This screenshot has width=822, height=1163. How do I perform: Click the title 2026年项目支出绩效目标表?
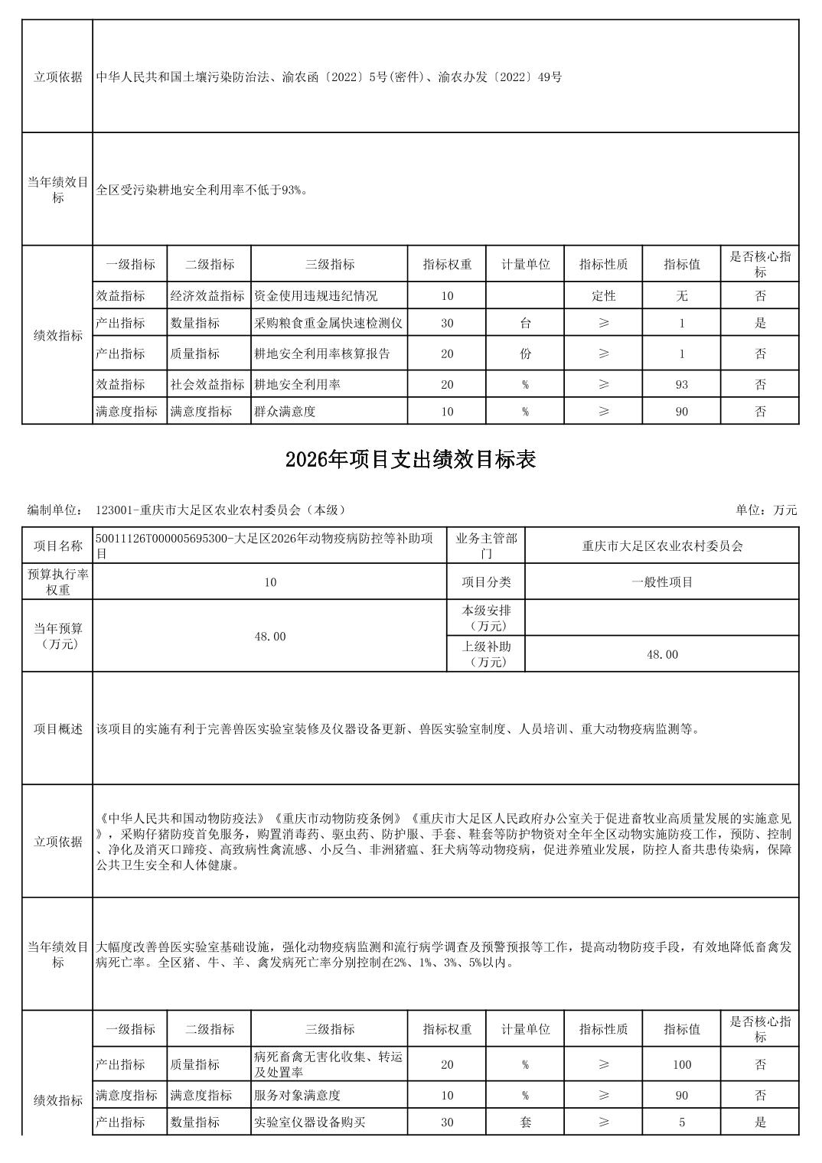click(410, 459)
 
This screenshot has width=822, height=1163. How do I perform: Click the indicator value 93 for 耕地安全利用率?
click(681, 384)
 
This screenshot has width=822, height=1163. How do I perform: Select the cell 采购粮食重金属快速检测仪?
click(328, 323)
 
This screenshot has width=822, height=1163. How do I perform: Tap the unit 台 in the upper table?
click(525, 323)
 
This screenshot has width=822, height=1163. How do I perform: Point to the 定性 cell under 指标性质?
click(603, 295)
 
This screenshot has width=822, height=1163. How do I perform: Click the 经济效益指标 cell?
click(208, 295)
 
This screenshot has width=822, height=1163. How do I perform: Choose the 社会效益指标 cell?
click(208, 384)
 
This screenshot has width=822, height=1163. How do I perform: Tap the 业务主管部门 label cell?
click(486, 546)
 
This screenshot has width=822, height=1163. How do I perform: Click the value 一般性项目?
click(662, 581)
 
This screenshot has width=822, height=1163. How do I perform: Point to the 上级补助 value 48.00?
click(662, 654)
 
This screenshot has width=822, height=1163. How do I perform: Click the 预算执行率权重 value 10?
click(269, 581)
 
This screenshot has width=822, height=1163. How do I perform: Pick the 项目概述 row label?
click(57, 728)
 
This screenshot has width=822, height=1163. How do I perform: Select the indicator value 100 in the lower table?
click(681, 1064)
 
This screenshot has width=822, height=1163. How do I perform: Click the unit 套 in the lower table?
click(525, 1122)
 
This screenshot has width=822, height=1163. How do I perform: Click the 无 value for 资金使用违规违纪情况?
click(681, 295)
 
